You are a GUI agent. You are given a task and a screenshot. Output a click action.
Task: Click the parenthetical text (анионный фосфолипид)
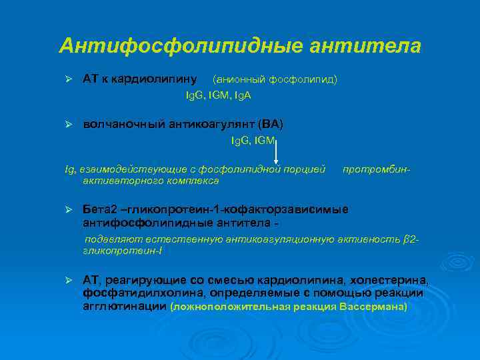[x=275, y=79]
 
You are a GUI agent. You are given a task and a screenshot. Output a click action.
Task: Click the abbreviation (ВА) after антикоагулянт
[x=273, y=125]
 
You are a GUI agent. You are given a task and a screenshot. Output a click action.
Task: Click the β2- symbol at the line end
[x=411, y=239]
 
